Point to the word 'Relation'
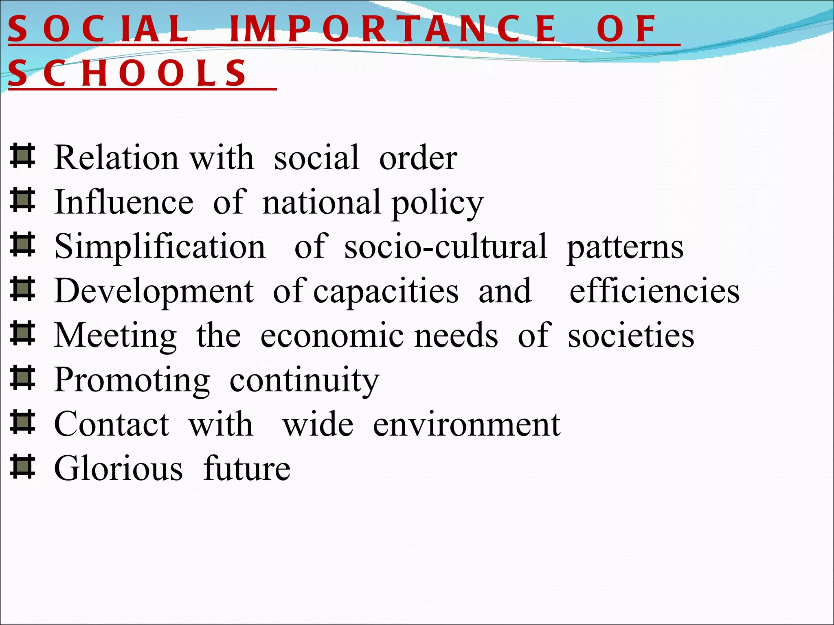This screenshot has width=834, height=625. pos(116,157)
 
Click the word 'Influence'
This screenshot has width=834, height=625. pos(124,202)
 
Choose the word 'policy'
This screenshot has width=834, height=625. pos(437,203)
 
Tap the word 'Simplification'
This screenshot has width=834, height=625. pos(160,247)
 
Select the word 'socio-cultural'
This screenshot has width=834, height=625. pos(446,247)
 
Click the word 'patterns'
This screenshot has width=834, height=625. pos(625,247)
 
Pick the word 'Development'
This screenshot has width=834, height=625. pos(154,291)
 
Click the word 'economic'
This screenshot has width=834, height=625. pos(332,336)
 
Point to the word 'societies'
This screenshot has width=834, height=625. pos(631,336)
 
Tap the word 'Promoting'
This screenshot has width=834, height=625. pos(132,380)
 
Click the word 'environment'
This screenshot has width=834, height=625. pos(467,424)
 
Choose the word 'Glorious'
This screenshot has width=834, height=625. pos(119,469)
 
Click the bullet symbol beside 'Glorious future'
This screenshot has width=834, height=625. pos(22,467)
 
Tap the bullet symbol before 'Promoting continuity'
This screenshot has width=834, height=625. pos(22,378)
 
